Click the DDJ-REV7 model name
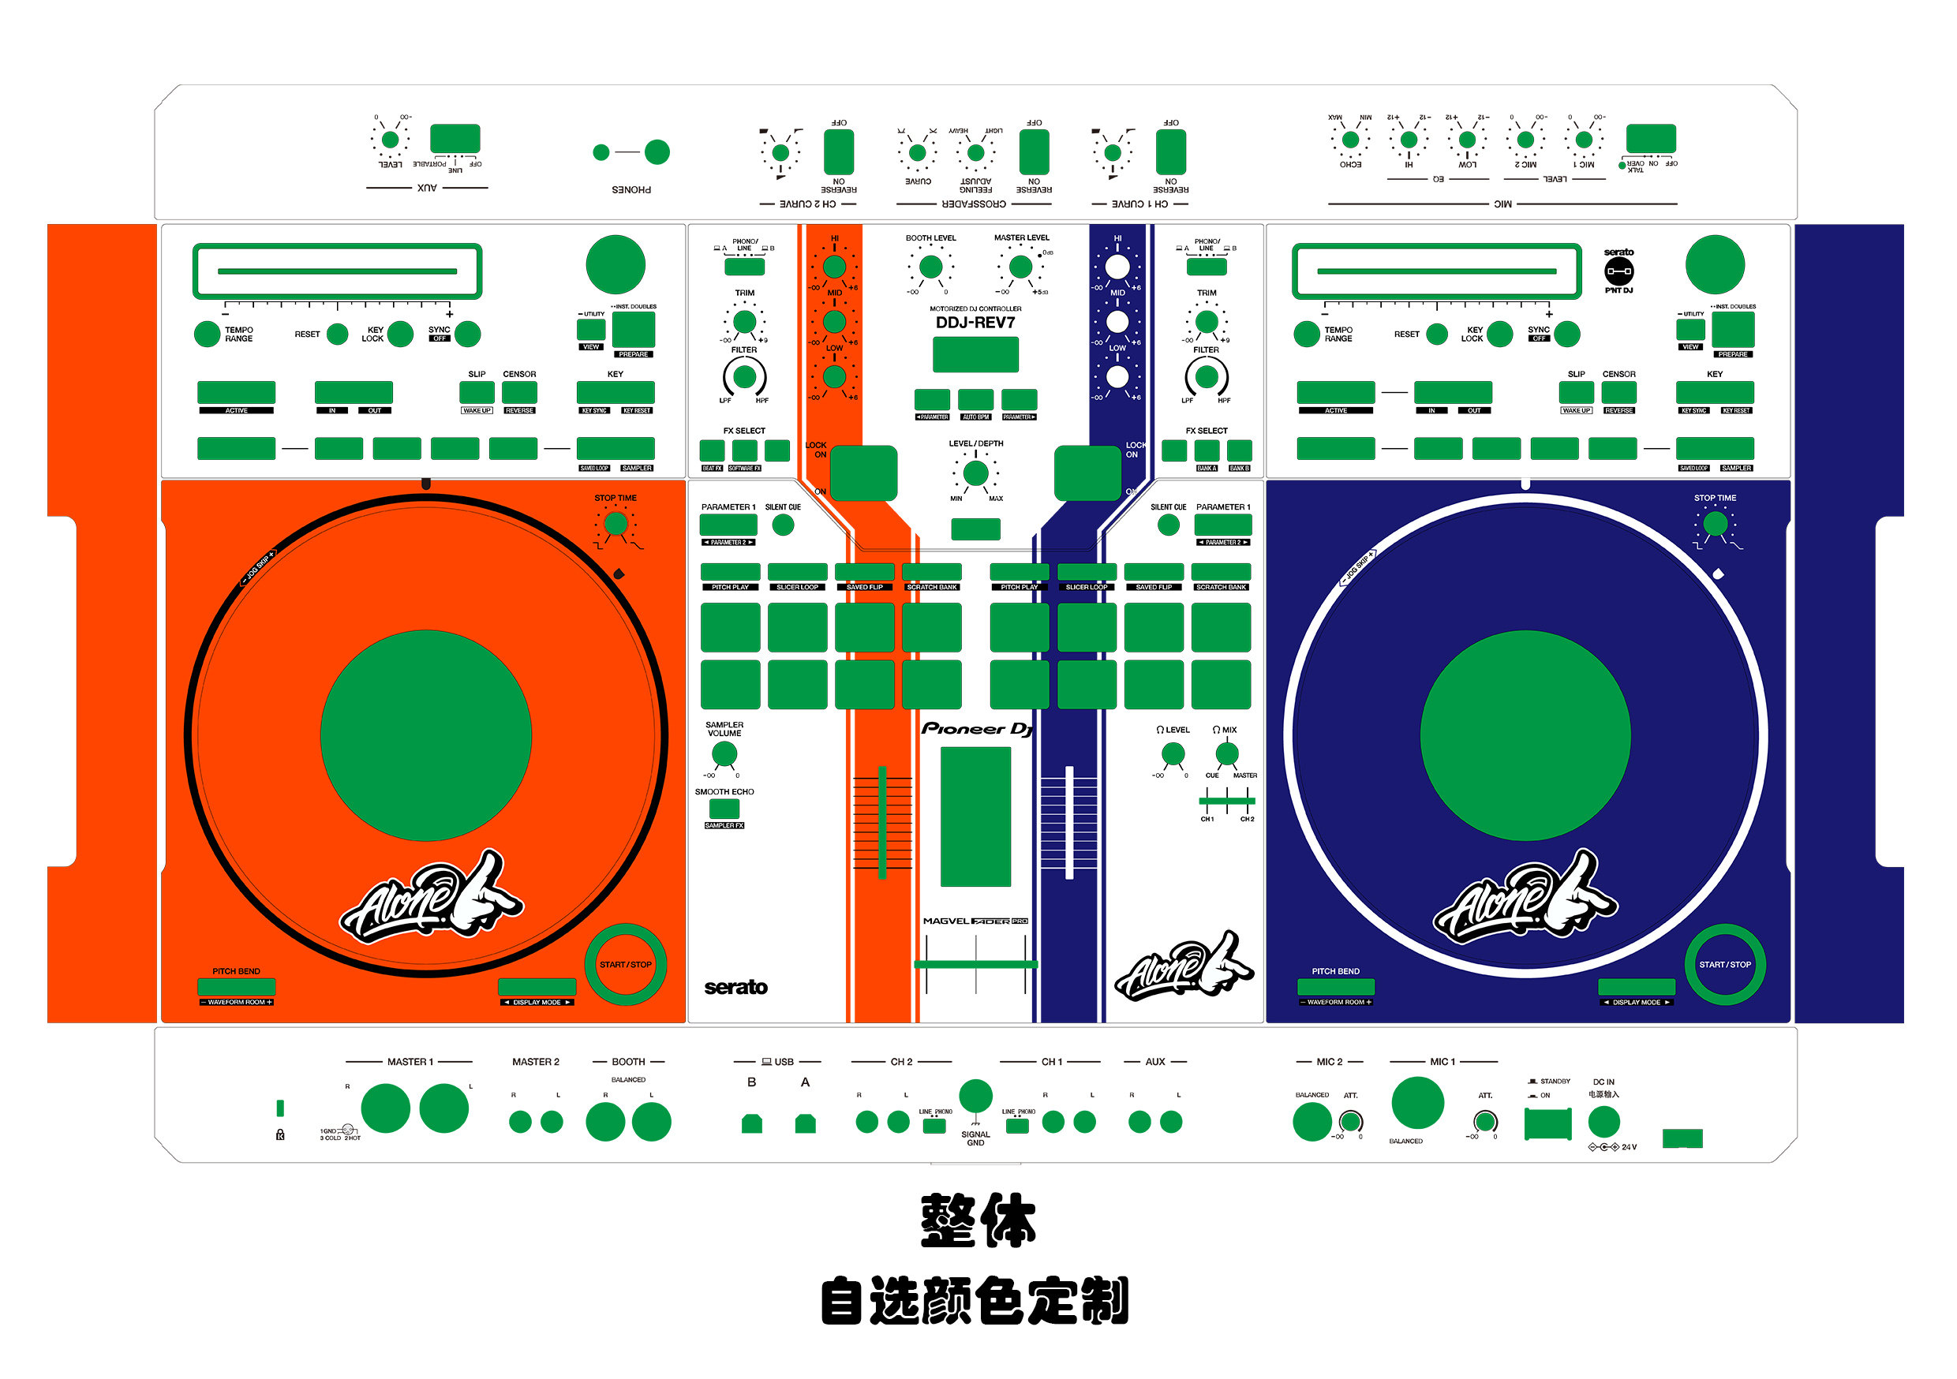(975, 322)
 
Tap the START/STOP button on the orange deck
(625, 964)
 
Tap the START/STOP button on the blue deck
(1724, 964)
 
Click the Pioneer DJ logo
(977, 729)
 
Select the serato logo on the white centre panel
(735, 987)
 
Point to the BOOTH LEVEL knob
(931, 267)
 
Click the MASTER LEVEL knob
(1020, 267)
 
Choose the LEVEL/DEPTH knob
(975, 473)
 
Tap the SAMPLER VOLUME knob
(724, 753)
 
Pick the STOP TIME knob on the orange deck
(616, 523)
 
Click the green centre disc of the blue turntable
(1525, 734)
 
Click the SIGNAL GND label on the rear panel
(975, 1138)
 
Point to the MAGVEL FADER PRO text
(975, 921)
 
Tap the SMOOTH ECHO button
(724, 808)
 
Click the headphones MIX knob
(1226, 753)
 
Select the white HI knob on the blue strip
(1117, 267)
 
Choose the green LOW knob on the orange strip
(833, 376)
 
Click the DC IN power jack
(1603, 1122)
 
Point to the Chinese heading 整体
(978, 1220)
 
